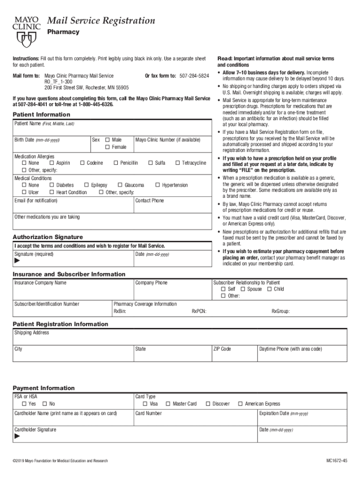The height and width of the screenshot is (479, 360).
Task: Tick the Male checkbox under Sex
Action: [x=108, y=140]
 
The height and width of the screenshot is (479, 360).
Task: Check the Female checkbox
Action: [x=108, y=147]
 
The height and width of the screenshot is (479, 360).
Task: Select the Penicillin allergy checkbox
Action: [x=115, y=163]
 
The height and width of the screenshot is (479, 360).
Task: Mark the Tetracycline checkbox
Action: [x=178, y=163]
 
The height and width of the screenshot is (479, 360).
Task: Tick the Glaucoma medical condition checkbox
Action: [x=120, y=185]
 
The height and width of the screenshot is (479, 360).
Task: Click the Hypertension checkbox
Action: [x=158, y=185]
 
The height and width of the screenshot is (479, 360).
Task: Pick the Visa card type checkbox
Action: [x=145, y=404]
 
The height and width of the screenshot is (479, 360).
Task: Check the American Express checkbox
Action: [x=240, y=404]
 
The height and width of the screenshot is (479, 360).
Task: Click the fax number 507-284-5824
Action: [x=194, y=76]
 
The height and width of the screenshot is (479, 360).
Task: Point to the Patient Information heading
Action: [x=41, y=115]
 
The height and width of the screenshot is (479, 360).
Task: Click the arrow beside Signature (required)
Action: [x=17, y=262]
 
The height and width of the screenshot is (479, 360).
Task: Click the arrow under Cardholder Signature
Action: [x=17, y=436]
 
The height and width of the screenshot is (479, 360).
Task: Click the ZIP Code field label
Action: [x=222, y=349]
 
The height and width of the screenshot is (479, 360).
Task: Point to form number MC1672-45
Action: [x=337, y=461]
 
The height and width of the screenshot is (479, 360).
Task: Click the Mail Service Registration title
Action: [x=101, y=21]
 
